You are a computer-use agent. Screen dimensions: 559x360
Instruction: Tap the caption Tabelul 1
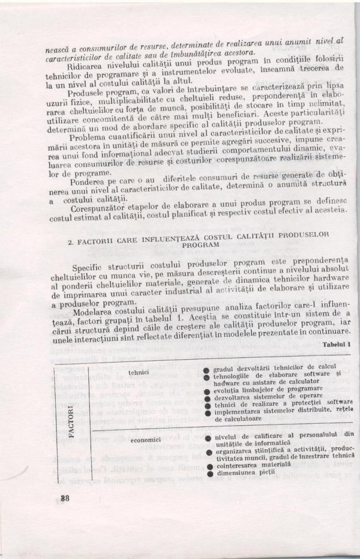pyautogui.click(x=337, y=344)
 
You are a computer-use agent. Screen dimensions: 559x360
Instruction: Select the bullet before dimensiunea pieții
pyautogui.click(x=210, y=473)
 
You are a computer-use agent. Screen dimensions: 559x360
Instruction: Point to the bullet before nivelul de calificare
pyautogui.click(x=209, y=438)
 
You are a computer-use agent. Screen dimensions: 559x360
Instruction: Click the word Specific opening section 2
pyautogui.click(x=87, y=267)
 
